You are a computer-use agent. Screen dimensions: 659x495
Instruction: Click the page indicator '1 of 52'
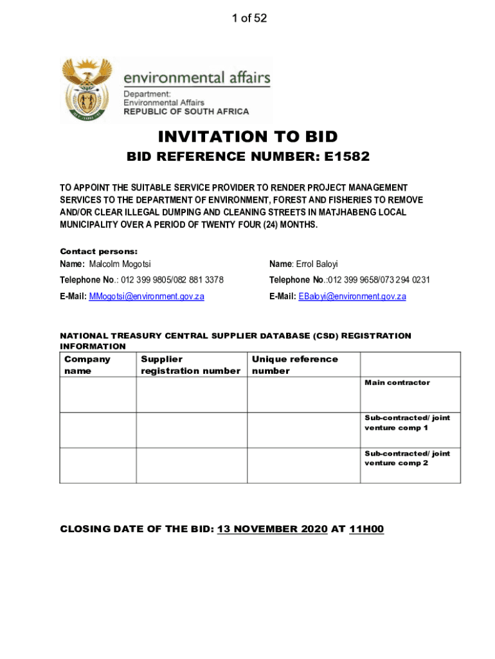[x=249, y=18]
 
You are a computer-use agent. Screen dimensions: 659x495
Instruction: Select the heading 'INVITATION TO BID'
[x=248, y=136]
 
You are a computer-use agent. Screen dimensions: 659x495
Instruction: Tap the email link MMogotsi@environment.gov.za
[x=147, y=297]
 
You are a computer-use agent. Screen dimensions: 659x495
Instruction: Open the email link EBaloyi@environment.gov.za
[x=352, y=297]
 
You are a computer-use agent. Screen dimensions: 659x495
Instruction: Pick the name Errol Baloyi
[x=316, y=265]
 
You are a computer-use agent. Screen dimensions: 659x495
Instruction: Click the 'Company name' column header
[x=87, y=365]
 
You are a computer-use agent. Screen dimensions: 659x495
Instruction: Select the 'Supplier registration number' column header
[x=190, y=365]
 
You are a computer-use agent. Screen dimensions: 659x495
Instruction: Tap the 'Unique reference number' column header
[x=294, y=365]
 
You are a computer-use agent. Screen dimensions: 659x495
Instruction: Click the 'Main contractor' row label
[x=397, y=383]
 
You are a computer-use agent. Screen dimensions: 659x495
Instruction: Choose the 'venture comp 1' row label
[x=396, y=427]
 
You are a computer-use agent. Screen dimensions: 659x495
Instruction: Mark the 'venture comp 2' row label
[x=396, y=463]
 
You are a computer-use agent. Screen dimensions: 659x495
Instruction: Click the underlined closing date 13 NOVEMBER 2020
[x=273, y=530]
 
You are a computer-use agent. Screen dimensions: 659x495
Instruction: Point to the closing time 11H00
[x=366, y=530]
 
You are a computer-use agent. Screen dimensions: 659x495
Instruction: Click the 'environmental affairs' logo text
[x=197, y=78]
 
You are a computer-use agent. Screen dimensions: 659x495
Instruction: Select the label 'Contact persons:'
[x=99, y=252]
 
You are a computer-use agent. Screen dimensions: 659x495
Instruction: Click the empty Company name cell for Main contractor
[x=98, y=394]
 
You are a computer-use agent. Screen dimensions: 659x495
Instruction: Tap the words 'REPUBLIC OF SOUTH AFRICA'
[x=186, y=111]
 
